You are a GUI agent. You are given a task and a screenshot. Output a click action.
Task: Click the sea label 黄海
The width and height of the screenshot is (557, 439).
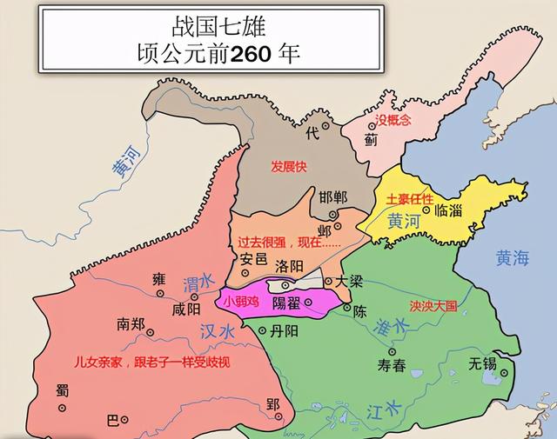tap(512, 257)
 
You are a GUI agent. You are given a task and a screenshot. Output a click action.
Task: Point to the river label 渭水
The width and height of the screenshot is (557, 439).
tap(198, 283)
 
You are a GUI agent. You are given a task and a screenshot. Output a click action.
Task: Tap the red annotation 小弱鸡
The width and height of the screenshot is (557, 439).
tap(242, 303)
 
